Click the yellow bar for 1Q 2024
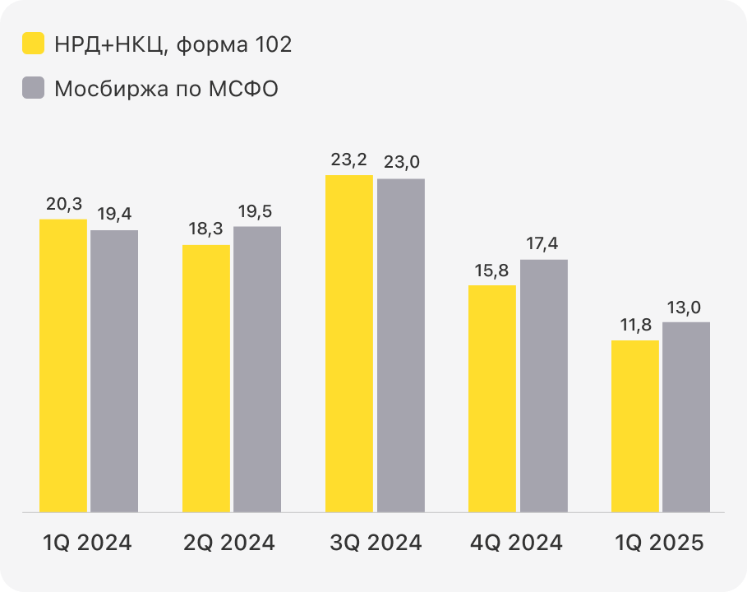[63, 366]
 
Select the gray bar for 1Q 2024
[114, 371]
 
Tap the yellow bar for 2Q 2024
[206, 378]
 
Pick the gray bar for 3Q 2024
[401, 345]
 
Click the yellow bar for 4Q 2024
[492, 399]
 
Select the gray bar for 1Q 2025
[686, 417]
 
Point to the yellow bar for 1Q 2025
[635, 426]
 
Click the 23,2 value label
[349, 160]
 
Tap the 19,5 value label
[257, 210]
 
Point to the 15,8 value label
[492, 270]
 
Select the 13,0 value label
[686, 307]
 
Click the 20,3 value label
[63, 204]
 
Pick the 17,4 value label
[543, 244]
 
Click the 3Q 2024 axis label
[376, 543]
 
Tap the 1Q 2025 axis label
[661, 543]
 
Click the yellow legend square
[33, 44]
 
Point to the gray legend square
[33, 88]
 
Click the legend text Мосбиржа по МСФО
[166, 88]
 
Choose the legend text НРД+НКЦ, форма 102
[173, 44]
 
